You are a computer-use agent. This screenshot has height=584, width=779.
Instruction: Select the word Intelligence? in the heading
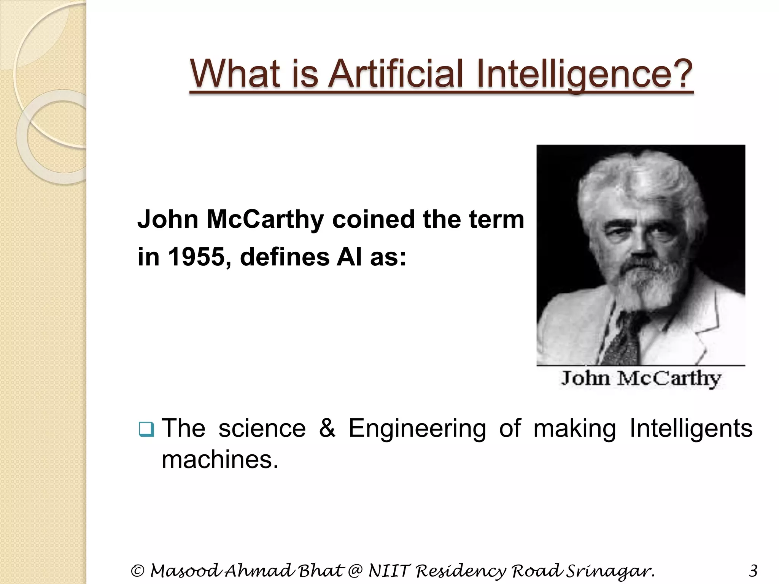(584, 74)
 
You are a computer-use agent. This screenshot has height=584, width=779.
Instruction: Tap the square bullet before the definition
(146, 429)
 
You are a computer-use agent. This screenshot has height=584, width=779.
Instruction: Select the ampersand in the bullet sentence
(327, 428)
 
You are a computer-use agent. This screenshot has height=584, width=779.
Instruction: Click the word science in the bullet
(262, 428)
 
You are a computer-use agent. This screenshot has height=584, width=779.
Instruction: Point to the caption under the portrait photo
(641, 378)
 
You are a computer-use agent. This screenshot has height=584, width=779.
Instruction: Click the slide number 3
(753, 571)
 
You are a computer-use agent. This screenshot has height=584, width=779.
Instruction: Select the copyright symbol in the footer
(137, 571)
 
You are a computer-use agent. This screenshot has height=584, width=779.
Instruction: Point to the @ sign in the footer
(355, 571)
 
